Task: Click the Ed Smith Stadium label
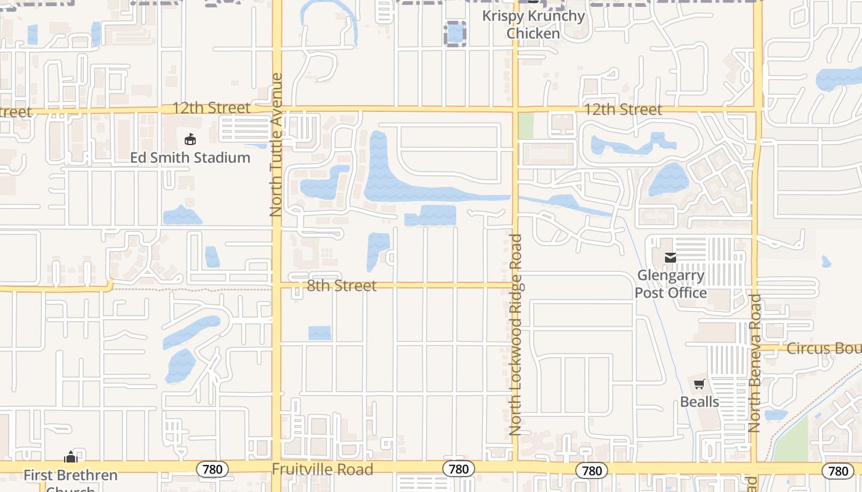point(190,158)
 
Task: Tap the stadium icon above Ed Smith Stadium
point(190,140)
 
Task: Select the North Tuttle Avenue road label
point(276,145)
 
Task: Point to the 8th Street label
point(341,286)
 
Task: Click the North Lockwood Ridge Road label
point(516,335)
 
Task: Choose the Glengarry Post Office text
point(671,284)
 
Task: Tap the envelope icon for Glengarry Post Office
point(671,258)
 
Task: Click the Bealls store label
point(699,402)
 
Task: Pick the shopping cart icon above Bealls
point(699,385)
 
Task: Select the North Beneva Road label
point(755,363)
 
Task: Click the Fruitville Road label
point(323,470)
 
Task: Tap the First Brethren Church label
point(70,476)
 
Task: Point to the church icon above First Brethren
point(71,458)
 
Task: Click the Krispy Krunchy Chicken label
point(533,24)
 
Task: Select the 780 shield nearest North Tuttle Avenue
point(213,470)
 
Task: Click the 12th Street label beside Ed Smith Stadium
point(211,108)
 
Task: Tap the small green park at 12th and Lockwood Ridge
point(526,125)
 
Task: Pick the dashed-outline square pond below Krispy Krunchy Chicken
point(455,33)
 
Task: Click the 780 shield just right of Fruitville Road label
point(458,469)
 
